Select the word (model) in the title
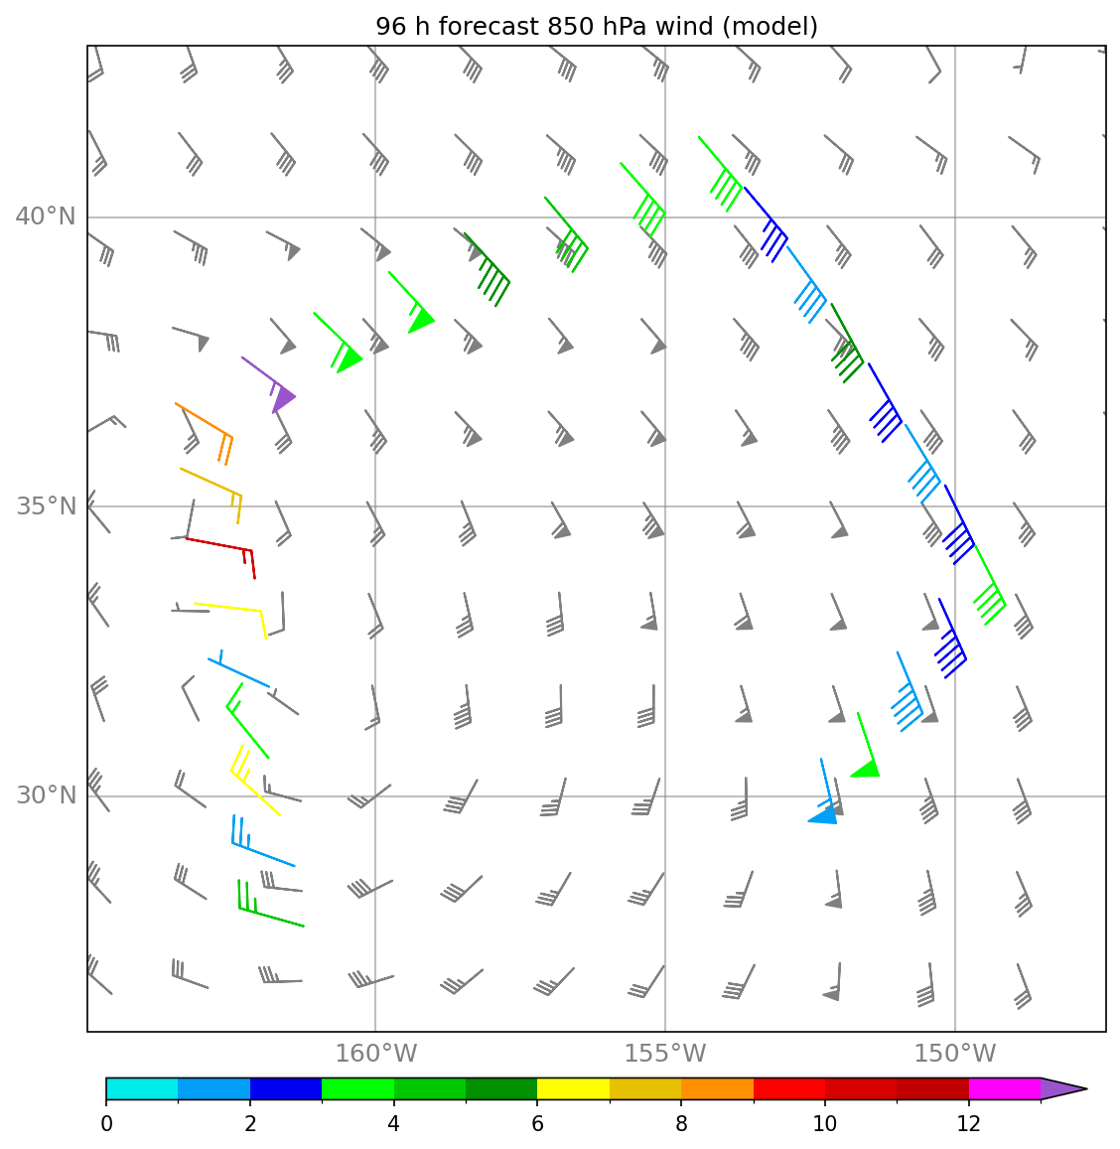pos(770,27)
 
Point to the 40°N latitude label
pos(46,216)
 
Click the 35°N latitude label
pos(46,505)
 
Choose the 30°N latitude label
pos(46,795)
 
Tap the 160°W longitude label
pos(375,1053)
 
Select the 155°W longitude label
pos(665,1053)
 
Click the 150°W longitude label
pos(954,1053)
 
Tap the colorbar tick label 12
pos(968,1123)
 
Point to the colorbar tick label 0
pos(107,1123)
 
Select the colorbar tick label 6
pos(537,1123)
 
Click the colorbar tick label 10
pos(825,1123)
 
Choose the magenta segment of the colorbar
pos(1004,1088)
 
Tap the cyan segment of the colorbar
pos(142,1088)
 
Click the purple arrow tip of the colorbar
pos(1063,1088)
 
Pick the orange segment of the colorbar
pos(717,1088)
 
